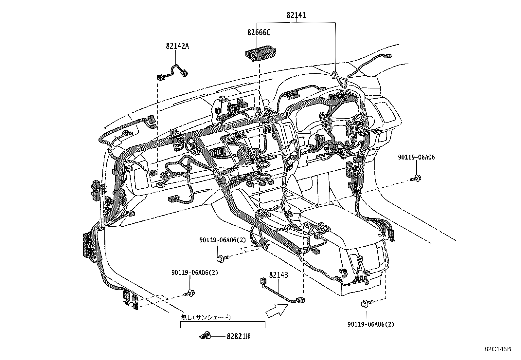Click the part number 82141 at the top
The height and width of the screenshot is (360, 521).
296,15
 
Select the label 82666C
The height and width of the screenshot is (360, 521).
259,32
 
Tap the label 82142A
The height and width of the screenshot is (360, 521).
177,46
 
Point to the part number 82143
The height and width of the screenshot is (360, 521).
278,275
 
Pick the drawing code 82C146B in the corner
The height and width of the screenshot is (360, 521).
497,349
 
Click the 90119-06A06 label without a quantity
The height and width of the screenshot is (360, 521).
416,157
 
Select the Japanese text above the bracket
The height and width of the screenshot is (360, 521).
206,317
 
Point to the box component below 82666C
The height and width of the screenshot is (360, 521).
260,53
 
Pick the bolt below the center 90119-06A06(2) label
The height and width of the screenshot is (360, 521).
222,258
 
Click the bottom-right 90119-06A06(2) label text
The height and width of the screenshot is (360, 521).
371,324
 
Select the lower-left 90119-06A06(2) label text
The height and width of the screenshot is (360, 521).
194,273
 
